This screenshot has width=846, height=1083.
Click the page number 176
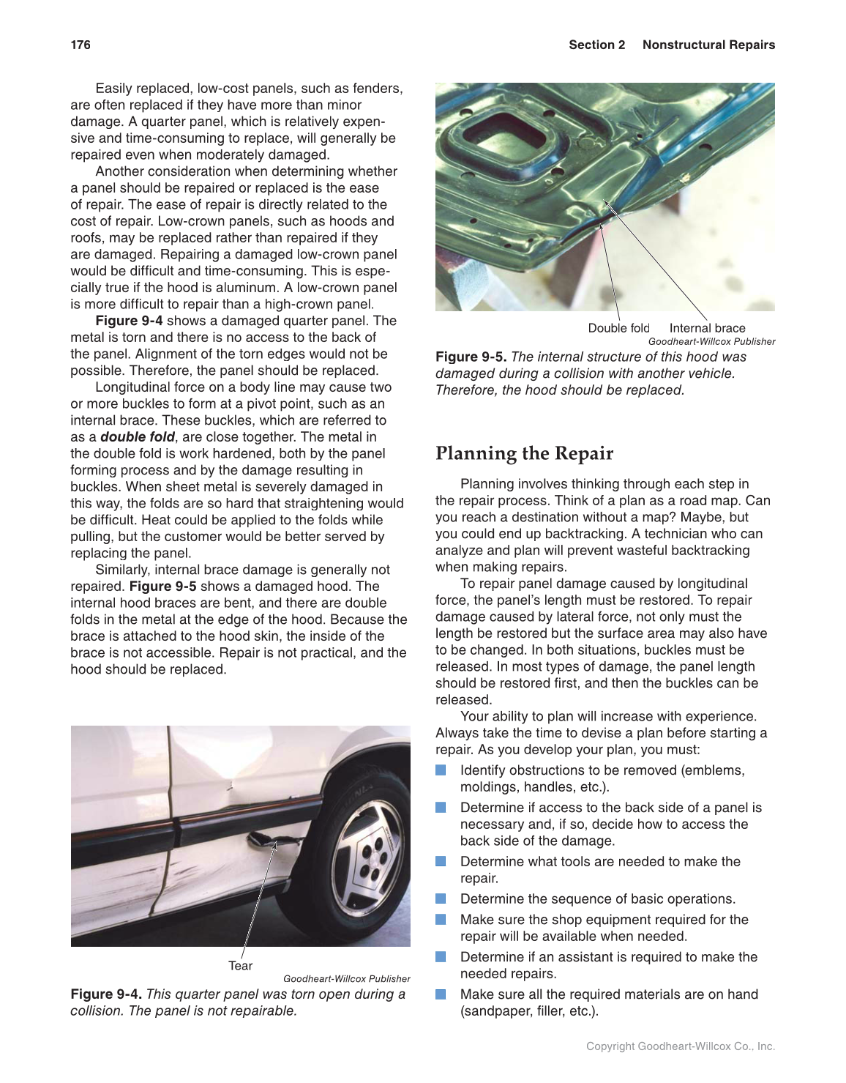point(81,45)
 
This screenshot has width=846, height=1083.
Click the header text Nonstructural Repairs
point(708,45)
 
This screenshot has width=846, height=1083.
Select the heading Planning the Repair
point(524,453)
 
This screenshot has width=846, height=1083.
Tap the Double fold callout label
point(618,328)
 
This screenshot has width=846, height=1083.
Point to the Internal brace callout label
point(707,328)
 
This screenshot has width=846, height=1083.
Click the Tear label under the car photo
point(240,966)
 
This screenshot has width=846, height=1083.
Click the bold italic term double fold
point(138,437)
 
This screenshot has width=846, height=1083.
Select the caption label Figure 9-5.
point(471,357)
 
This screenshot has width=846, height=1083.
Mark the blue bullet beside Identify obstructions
point(441,770)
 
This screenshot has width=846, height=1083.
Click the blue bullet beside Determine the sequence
point(441,898)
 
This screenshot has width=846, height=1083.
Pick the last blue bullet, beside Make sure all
point(441,994)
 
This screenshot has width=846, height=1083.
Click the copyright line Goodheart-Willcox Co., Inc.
point(680,1046)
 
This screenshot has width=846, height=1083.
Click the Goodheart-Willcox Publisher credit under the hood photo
point(711,341)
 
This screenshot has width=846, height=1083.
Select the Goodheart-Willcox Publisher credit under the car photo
point(346,978)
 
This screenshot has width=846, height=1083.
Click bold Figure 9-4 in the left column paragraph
point(129,321)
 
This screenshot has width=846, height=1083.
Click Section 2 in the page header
point(596,45)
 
